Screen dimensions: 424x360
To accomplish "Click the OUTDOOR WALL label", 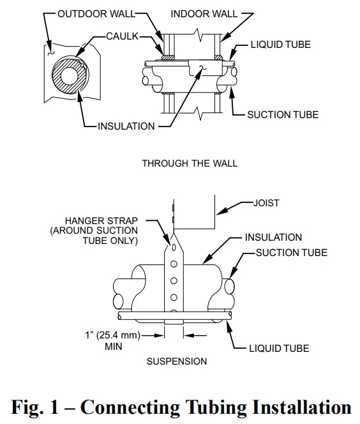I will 96,13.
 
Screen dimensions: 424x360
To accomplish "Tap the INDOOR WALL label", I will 204,13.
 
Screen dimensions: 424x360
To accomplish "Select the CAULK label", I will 123,37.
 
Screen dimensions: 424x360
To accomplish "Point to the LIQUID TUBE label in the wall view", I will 280,45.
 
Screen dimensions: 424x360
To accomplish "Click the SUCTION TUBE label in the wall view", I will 283,114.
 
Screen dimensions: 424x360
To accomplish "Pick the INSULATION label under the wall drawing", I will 126,126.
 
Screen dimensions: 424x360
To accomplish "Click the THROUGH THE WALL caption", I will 190,163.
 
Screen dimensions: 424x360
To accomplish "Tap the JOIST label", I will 267,203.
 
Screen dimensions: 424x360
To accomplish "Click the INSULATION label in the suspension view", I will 273,237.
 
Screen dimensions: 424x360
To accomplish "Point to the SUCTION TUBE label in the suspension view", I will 291,253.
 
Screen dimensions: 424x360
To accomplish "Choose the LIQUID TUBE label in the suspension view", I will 279,349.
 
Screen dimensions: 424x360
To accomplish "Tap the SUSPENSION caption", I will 177,361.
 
